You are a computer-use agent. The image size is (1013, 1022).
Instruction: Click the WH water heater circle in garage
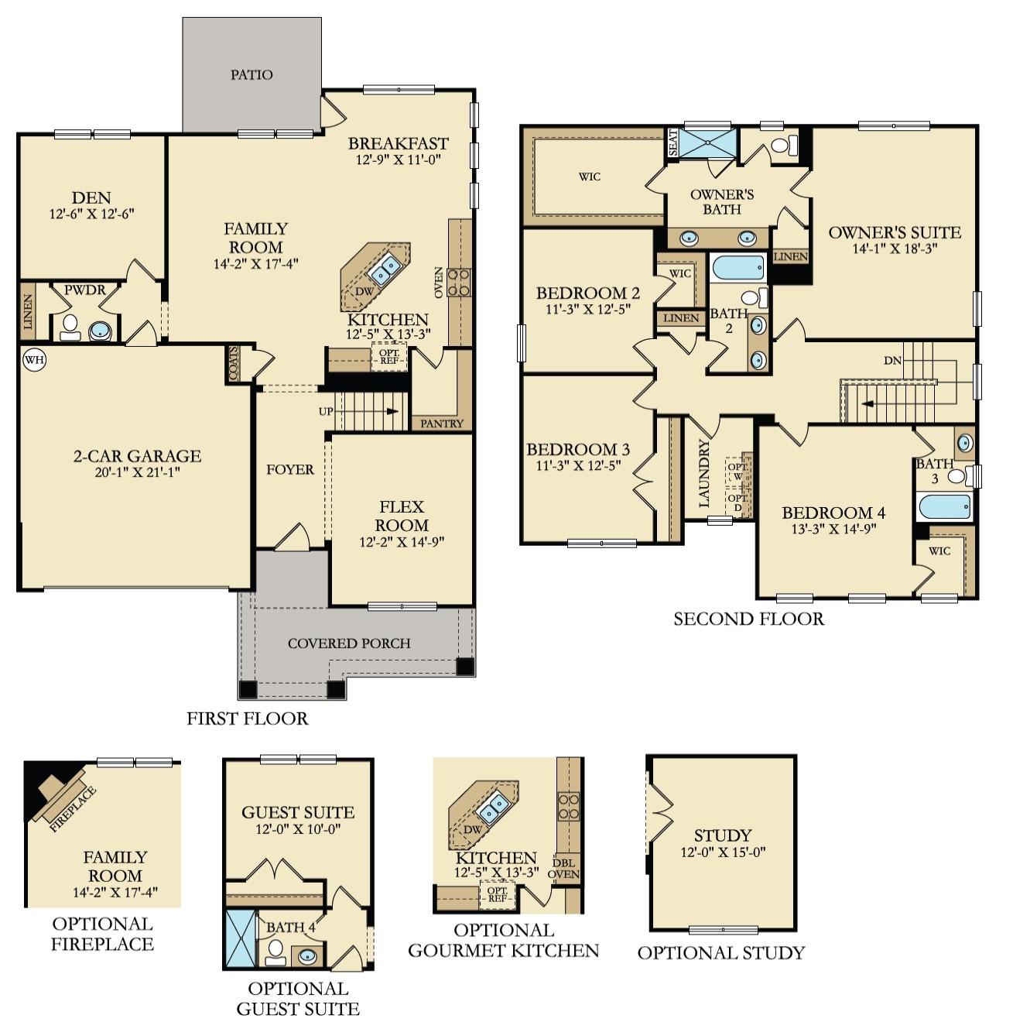tap(33, 359)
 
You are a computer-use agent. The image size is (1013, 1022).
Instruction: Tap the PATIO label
tap(252, 75)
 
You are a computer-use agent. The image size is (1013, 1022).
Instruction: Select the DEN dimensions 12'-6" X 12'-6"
tap(91, 214)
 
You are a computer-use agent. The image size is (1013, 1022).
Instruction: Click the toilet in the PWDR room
tap(70, 328)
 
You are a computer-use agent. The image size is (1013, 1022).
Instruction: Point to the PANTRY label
tap(442, 424)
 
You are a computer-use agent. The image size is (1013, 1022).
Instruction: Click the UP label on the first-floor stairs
tap(326, 411)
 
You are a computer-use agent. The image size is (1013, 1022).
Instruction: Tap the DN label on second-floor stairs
tap(892, 361)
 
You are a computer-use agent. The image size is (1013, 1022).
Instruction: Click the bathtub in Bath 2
tap(738, 268)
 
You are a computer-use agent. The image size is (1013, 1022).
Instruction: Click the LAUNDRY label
tap(703, 485)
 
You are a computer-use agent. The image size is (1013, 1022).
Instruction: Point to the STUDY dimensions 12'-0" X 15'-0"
tap(722, 853)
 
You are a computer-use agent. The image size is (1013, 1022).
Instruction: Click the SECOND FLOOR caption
tap(748, 619)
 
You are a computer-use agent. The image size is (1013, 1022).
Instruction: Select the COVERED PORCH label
tap(349, 643)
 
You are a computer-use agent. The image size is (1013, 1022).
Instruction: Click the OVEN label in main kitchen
tap(439, 282)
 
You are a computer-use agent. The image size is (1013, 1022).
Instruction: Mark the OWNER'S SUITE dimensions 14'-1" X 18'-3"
tap(895, 249)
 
